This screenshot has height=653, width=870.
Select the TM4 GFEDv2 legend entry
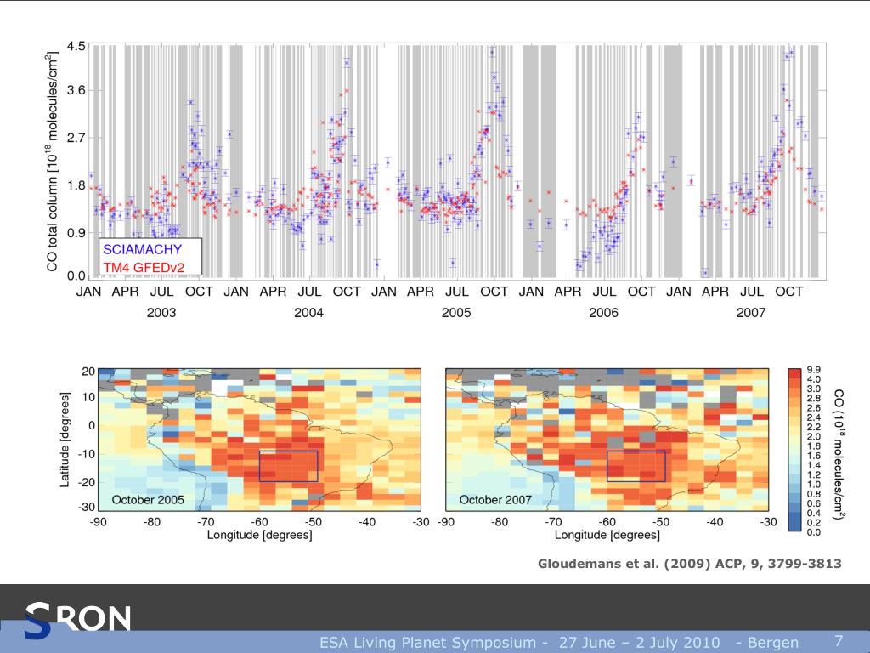coord(144,268)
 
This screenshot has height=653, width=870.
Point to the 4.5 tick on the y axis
coord(76,45)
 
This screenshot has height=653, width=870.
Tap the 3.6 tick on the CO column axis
coord(76,91)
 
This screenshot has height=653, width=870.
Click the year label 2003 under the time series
coord(161,313)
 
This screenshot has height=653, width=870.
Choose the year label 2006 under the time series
coord(603,313)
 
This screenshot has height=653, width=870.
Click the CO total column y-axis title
coord(52,162)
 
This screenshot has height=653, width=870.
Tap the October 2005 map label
coord(148,499)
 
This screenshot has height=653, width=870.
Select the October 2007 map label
coord(495,499)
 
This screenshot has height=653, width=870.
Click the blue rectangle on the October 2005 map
coord(289,466)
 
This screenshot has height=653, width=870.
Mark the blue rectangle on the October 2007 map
coord(636,466)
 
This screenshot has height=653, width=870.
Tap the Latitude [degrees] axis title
coord(65,439)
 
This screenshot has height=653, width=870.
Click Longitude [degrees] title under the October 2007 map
coord(607,535)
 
